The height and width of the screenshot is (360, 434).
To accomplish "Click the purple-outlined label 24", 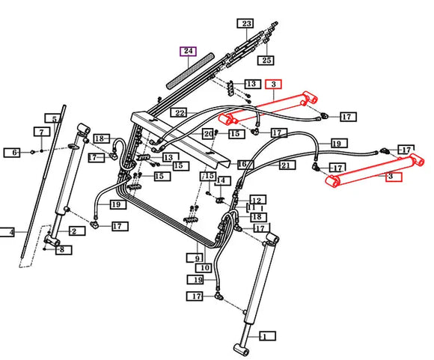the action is [189, 51].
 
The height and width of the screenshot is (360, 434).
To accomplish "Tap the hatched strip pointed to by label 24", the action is [190, 71].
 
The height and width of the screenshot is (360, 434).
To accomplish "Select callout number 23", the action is [245, 23].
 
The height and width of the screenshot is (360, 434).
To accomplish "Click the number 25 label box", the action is [266, 60].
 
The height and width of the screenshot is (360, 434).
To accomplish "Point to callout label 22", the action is [180, 113].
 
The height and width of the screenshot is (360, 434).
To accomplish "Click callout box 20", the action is [208, 134].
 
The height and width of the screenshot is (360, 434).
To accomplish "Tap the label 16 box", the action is [245, 165].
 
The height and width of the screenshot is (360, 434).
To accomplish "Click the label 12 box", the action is [257, 201].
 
